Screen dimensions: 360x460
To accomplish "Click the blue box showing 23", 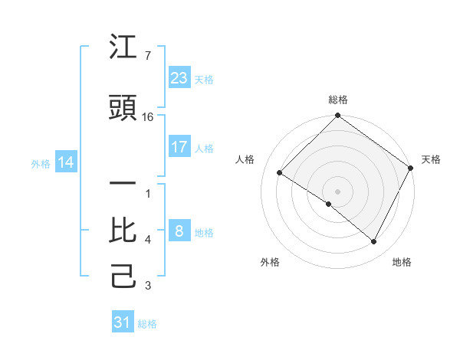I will (179, 77).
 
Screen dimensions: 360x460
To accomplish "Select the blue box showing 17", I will (179, 147).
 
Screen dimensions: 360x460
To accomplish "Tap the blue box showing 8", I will (179, 231).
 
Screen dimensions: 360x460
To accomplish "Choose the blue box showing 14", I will (65, 162).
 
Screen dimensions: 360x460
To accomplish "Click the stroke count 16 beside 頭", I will (148, 117).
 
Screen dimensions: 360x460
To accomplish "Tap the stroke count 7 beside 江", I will (147, 56).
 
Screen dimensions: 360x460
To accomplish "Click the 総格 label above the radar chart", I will (337, 100).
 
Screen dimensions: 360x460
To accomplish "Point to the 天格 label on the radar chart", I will (431, 159).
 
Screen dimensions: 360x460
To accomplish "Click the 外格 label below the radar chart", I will (270, 262).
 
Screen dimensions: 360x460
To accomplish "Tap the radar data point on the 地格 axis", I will (374, 242).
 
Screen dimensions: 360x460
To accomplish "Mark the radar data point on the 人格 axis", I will (280, 172).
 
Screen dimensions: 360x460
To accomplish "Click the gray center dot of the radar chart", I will (337, 191).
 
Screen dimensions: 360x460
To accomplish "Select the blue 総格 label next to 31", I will (147, 324).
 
